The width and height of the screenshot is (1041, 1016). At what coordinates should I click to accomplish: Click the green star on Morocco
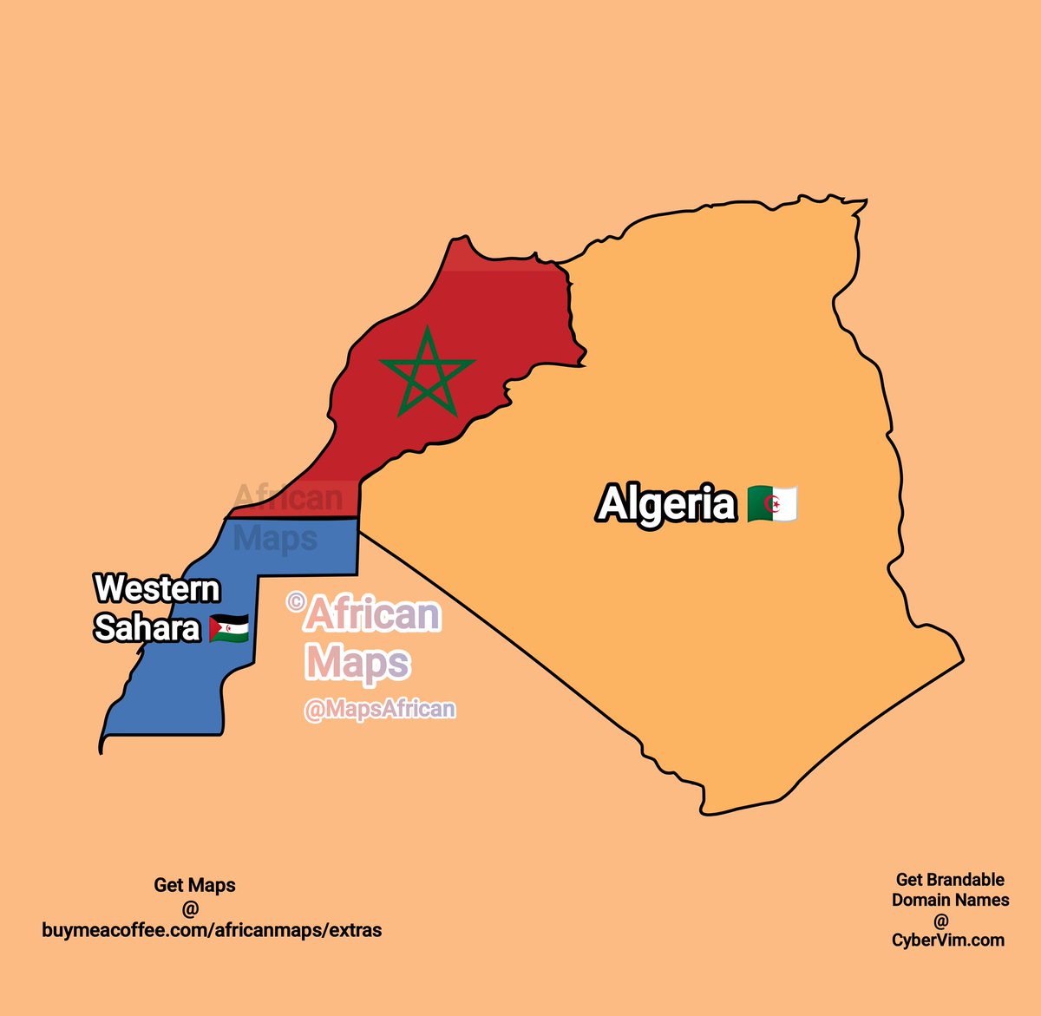[x=427, y=374]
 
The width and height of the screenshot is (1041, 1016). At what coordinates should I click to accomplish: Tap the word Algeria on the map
[x=666, y=504]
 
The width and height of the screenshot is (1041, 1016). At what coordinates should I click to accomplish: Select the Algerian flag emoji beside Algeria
[x=771, y=504]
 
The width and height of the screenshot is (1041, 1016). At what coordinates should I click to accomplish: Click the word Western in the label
[x=157, y=589]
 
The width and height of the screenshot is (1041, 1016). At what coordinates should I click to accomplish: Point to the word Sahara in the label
[x=147, y=627]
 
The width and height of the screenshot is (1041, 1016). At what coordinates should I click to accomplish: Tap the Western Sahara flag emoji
[x=229, y=628]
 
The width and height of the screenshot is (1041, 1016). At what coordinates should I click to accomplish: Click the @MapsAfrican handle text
[x=380, y=709]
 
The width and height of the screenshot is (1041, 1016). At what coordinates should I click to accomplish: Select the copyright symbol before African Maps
[x=296, y=600]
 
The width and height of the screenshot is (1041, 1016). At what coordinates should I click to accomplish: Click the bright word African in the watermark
[x=373, y=615]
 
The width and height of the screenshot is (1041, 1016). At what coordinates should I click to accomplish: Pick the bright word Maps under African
[x=357, y=664]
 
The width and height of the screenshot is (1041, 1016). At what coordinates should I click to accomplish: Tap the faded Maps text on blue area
[x=275, y=539]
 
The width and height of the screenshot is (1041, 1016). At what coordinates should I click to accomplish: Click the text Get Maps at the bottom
[x=194, y=885]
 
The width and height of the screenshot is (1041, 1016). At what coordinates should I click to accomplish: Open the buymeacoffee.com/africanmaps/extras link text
[x=212, y=930]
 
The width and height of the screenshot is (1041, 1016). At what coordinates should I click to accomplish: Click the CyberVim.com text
[x=948, y=940]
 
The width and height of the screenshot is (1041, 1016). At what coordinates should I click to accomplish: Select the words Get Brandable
[x=950, y=880]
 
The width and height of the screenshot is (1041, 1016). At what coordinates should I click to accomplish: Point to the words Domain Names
[x=950, y=900]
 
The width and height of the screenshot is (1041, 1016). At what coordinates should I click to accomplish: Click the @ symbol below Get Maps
[x=191, y=908]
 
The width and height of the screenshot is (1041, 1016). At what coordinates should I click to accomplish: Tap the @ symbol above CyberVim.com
[x=941, y=920]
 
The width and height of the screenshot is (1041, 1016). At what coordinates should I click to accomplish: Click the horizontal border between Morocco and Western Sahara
[x=295, y=519]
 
